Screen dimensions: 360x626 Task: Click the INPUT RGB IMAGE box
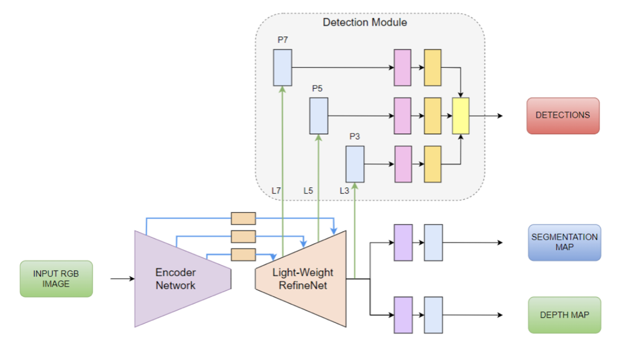pos(57,278)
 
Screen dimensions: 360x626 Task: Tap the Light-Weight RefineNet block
pos(302,279)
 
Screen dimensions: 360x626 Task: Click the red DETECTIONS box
pos(563,116)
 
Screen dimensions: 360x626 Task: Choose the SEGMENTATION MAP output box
pos(564,242)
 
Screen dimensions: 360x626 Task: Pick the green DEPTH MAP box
pos(564,315)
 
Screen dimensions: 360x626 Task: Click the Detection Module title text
pos(365,23)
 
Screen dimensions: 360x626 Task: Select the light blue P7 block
pos(283,67)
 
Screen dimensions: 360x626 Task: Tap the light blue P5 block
pos(318,116)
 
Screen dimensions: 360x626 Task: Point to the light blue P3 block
pos(355,164)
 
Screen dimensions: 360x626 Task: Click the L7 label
pos(276,191)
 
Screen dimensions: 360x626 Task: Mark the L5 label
pos(308,191)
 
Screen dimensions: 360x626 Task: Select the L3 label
pos(345,191)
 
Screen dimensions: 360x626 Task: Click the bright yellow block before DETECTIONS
pos(461,116)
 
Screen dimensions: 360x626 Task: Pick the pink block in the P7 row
pos(403,67)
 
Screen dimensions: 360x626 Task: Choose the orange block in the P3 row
pos(432,164)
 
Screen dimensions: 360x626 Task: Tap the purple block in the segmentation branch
pos(403,243)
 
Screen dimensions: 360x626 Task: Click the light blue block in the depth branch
pos(433,315)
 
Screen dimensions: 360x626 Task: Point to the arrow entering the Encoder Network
pos(122,278)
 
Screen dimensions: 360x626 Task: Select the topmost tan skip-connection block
pos(243,218)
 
